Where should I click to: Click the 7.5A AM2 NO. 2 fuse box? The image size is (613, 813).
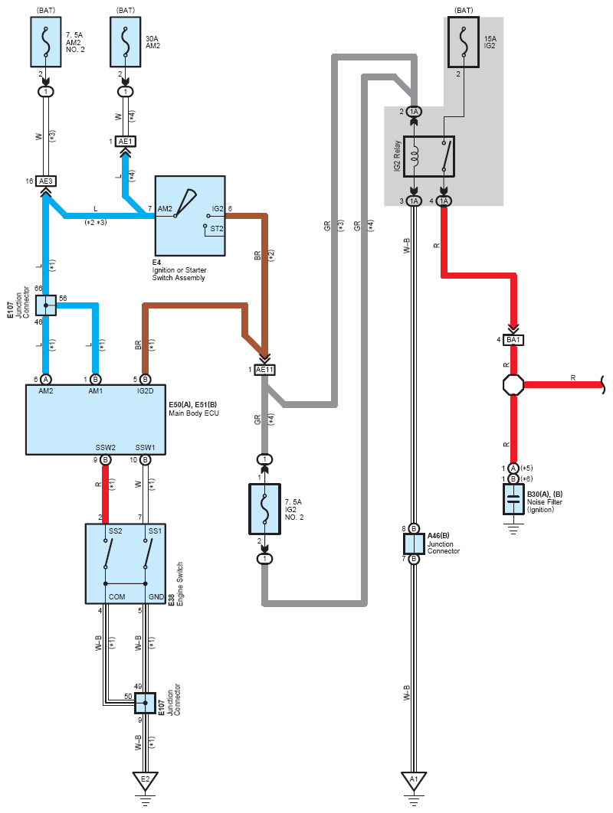pos(46,42)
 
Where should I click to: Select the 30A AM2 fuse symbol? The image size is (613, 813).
pos(125,42)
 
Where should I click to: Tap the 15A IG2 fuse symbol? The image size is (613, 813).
pos(463,42)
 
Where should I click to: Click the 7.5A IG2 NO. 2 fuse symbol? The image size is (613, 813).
pos(264,509)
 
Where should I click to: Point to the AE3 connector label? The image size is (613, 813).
pos(46,181)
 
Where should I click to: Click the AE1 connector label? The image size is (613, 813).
pos(125,141)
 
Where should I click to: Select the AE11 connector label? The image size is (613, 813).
pos(264,370)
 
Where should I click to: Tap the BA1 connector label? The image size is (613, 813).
pos(513,340)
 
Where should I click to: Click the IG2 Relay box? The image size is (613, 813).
pos(429,156)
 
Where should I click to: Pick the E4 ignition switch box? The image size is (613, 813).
pos(190,216)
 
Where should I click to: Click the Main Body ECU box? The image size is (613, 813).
pos(96,420)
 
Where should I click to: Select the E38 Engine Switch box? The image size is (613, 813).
pos(126,563)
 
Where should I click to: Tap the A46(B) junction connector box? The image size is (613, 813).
pos(414,544)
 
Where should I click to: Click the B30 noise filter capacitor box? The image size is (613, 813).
pos(513,499)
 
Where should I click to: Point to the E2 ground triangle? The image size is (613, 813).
pos(146,779)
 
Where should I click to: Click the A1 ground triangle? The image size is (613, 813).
pos(414,779)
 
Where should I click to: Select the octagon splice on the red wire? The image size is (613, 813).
pos(513,385)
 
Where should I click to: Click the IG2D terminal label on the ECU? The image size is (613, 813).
pos(146,391)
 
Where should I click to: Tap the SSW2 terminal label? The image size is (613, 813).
pos(106,448)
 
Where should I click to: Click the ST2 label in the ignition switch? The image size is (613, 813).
pos(217,229)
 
